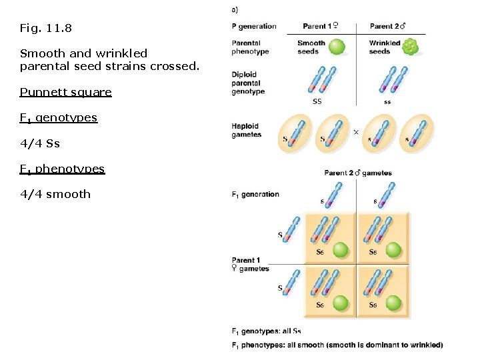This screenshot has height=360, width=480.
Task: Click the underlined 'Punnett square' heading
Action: click(x=65, y=92)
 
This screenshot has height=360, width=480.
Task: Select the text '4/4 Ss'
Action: click(x=39, y=143)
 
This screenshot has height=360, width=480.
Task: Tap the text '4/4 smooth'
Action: click(x=55, y=194)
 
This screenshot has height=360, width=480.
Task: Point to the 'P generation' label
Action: click(x=253, y=27)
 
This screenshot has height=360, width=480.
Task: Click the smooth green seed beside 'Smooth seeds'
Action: click(x=338, y=47)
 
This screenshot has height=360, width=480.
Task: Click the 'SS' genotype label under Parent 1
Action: click(x=317, y=101)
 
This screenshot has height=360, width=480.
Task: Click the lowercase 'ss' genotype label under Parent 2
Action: click(x=387, y=102)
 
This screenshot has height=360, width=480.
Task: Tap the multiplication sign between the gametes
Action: click(x=355, y=132)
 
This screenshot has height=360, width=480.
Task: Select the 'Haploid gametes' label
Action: click(x=246, y=131)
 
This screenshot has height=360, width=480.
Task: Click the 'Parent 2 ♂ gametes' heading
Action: click(x=358, y=173)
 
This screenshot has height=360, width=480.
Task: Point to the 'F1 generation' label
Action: click(x=255, y=195)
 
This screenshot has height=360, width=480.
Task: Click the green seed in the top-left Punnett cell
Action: click(x=341, y=250)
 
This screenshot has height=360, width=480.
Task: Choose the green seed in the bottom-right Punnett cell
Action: click(x=393, y=302)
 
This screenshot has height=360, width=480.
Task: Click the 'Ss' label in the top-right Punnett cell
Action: click(x=373, y=252)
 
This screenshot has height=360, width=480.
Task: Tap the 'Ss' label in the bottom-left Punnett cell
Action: click(x=320, y=305)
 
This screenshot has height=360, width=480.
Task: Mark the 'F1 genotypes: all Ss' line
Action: click(x=266, y=331)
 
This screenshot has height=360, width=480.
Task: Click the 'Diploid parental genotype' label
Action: click(x=248, y=83)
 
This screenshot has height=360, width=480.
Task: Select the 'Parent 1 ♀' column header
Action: click(x=320, y=27)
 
